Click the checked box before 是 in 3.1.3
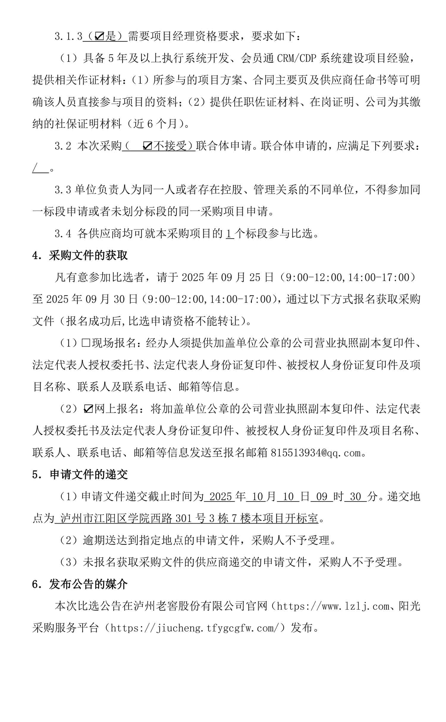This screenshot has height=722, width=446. click(x=99, y=37)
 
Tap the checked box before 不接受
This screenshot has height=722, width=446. click(x=148, y=146)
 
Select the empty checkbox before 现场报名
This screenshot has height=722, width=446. click(x=86, y=343)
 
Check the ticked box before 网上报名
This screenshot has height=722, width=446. click(x=88, y=409)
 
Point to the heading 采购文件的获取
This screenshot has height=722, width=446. click(x=88, y=256)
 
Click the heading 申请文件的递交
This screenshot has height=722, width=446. click(x=89, y=474)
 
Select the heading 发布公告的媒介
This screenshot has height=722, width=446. click(x=88, y=585)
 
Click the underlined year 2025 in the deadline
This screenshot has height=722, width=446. click(x=220, y=497)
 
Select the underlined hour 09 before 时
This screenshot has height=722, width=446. click(x=322, y=497)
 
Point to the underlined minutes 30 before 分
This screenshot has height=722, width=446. click(x=355, y=497)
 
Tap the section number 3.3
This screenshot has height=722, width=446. click(x=63, y=190)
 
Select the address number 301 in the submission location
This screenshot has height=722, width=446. click(x=185, y=519)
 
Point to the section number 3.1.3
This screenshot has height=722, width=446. click(x=68, y=37)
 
